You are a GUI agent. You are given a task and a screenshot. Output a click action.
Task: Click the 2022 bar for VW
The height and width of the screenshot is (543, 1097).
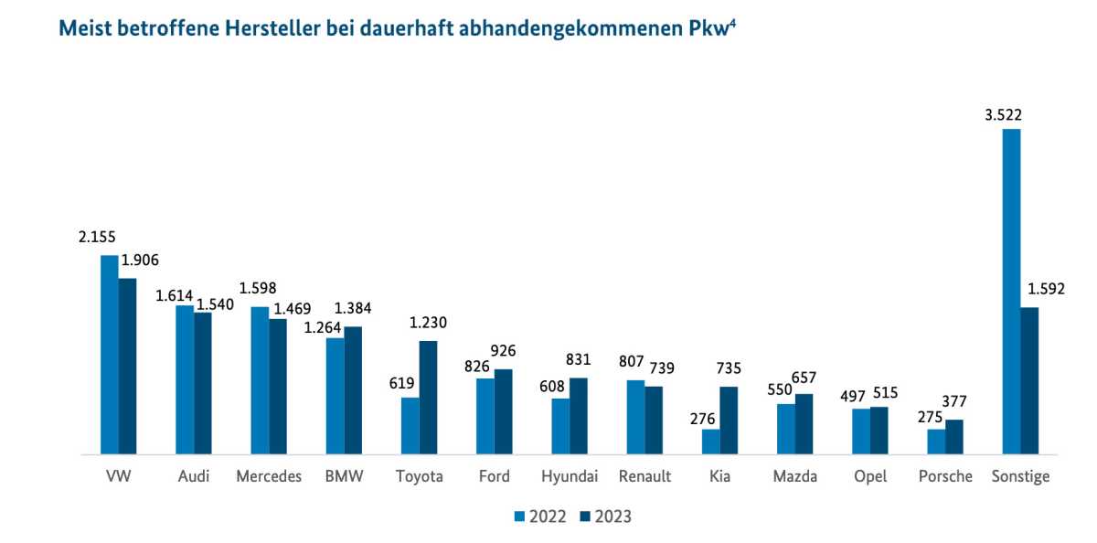pos(110,355)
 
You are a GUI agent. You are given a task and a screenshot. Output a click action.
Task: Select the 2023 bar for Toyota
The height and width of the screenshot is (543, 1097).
pos(428,397)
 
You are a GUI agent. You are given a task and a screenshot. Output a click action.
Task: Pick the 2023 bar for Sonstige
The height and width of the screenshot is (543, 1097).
pos(1029,380)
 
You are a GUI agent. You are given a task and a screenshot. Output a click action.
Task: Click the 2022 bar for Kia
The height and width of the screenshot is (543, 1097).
pos(711,442)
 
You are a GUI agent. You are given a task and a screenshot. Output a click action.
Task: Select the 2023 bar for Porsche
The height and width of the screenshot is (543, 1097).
pos(954,437)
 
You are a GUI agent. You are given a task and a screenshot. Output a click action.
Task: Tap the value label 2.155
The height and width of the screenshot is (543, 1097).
pos(97,238)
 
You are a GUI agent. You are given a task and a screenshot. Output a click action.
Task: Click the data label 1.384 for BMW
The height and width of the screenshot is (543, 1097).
pos(352,309)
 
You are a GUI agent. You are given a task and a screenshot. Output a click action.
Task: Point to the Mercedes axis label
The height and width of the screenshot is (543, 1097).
pos(269,476)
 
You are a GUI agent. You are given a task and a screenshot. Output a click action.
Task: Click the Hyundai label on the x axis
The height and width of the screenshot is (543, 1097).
pos(570,476)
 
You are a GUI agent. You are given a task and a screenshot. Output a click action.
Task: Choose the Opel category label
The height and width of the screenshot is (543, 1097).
pos(869,476)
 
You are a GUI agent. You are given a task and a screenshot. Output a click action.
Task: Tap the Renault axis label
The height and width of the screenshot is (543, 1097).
pos(644,476)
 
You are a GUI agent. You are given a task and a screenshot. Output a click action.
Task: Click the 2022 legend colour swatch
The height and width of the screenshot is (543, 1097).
pos(519,516)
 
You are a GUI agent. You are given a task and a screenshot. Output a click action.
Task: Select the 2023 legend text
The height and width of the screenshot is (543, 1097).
pos(612,516)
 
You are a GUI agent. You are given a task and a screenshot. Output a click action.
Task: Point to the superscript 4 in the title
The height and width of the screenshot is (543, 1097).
pos(733,21)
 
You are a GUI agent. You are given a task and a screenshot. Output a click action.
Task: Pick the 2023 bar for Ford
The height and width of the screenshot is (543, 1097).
pos(503,411)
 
